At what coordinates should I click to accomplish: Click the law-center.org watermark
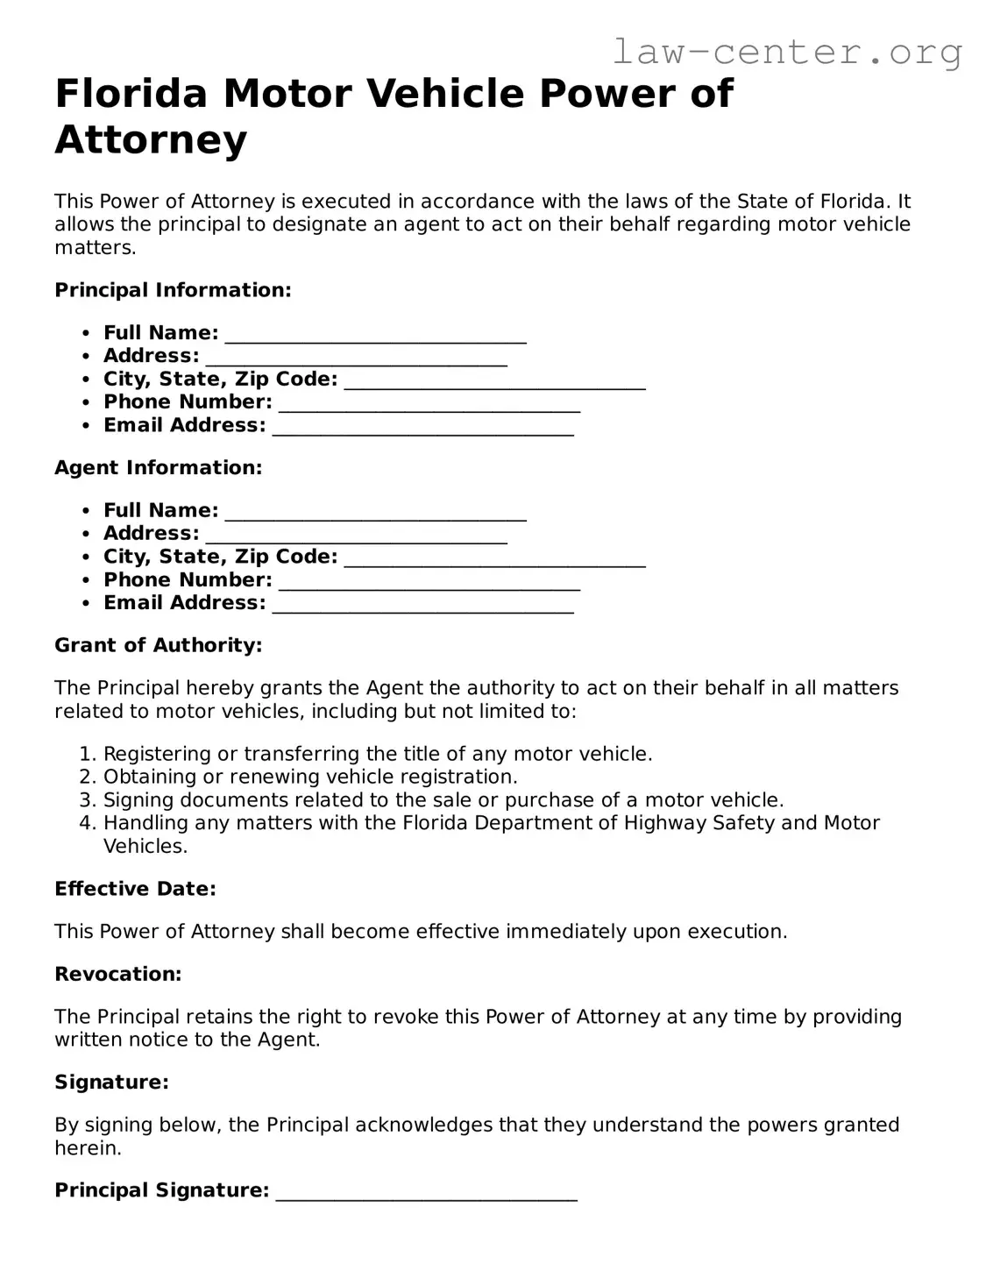tap(786, 53)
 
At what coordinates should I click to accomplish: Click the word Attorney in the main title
tap(151, 140)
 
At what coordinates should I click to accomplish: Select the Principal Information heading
tap(173, 290)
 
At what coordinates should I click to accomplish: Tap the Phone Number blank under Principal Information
tap(429, 404)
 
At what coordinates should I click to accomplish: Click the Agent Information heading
tap(158, 468)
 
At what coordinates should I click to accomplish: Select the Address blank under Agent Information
tap(356, 536)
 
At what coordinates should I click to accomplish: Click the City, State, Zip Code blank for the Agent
tap(494, 558)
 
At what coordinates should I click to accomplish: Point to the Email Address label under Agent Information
tap(184, 603)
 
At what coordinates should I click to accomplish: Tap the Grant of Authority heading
tap(158, 646)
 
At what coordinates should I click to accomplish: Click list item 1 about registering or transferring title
tap(378, 754)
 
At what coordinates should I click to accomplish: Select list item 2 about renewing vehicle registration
tap(310, 777)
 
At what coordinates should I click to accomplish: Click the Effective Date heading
tap(135, 889)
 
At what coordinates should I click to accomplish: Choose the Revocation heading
tap(117, 974)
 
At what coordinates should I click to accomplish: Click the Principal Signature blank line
tap(426, 1192)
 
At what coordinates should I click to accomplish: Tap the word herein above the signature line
tap(88, 1148)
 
